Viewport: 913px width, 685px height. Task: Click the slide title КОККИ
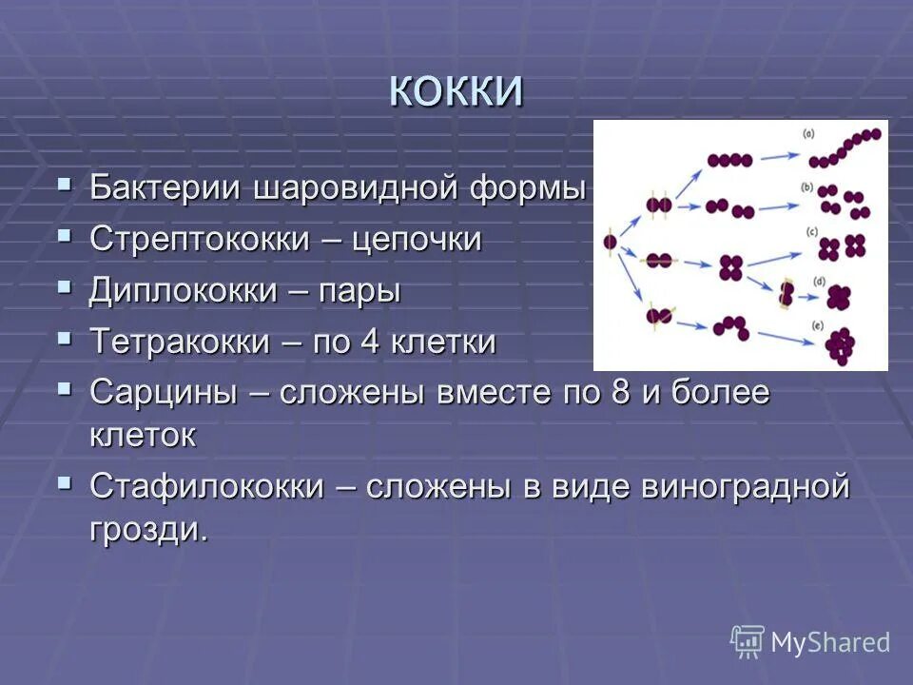coord(456,91)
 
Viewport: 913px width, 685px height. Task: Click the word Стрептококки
coord(199,240)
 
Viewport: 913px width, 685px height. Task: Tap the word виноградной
coord(745,486)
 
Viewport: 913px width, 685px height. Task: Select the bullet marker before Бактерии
coord(64,183)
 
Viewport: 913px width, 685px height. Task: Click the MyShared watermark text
coord(829,642)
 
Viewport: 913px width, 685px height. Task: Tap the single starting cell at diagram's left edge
coord(610,243)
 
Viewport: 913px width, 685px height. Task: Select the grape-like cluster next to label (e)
coord(841,346)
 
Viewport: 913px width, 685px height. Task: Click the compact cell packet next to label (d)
coord(838,299)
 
